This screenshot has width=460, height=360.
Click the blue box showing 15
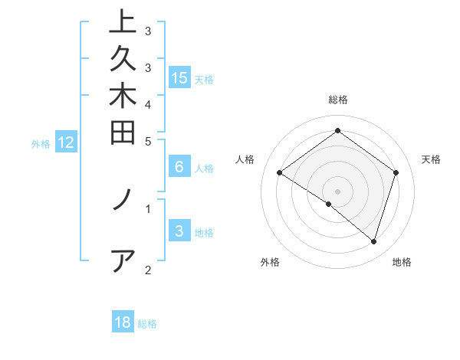tap(179, 78)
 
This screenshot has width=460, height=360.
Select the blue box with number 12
tap(66, 142)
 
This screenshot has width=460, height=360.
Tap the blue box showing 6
tap(179, 167)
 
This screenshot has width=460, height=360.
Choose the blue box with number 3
tap(179, 232)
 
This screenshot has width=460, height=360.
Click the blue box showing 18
tap(123, 323)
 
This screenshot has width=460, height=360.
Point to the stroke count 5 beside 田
tap(148, 141)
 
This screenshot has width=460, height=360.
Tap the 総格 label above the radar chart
tap(338, 100)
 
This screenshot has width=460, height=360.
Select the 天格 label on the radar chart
tap(431, 159)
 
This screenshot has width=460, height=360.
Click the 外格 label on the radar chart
tap(270, 262)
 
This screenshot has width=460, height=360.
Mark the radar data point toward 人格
tap(280, 173)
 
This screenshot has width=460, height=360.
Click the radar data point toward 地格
tap(373, 241)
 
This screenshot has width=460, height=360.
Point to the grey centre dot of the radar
tap(338, 191)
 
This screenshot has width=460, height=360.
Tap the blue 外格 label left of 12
tap(41, 143)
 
